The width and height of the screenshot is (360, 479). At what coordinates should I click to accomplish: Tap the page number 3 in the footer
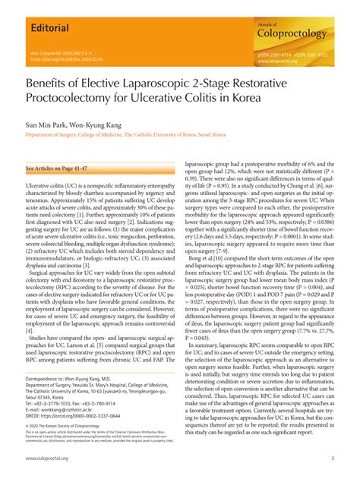[333, 460]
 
